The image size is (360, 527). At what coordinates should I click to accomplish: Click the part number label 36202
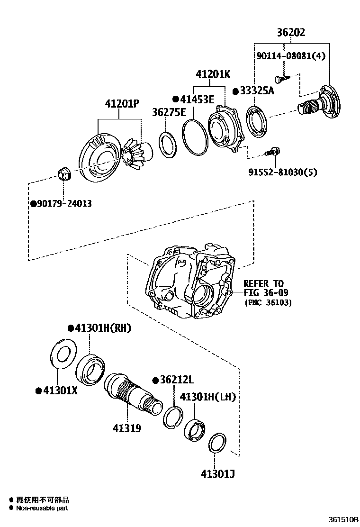(291, 33)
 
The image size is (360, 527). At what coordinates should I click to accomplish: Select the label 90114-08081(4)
(291, 56)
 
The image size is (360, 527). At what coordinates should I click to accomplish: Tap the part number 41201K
(213, 74)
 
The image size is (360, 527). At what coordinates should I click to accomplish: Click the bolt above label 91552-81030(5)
(273, 152)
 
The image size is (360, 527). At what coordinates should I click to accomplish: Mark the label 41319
(126, 428)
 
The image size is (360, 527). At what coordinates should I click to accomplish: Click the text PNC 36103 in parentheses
(268, 302)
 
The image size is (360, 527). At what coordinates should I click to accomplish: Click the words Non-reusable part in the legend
(42, 509)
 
